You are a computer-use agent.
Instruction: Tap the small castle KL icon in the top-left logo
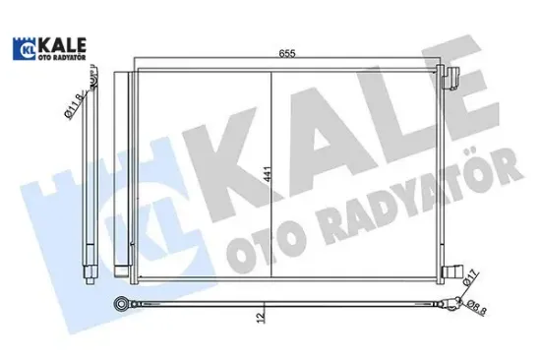click(23, 48)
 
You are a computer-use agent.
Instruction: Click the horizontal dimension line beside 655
click(374, 64)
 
